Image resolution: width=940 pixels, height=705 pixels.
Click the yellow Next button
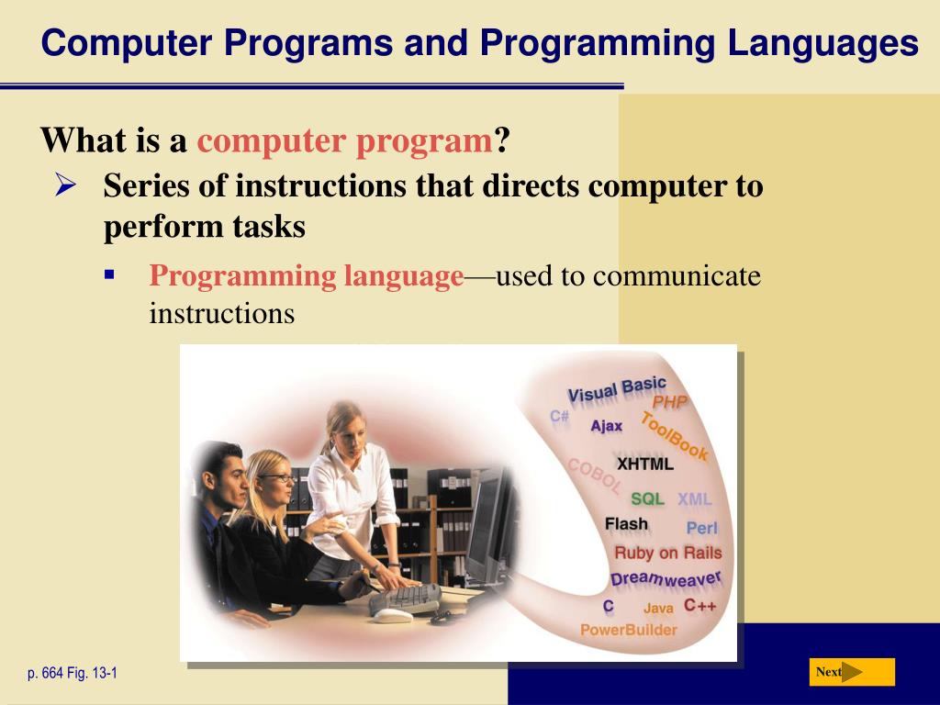tap(852, 672)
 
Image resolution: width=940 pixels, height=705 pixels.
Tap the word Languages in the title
tap(823, 44)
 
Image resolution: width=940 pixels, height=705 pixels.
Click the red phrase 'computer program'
tap(345, 141)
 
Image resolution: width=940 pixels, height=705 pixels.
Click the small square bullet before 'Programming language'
tap(109, 275)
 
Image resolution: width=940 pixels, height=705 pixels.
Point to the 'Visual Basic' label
tap(617, 389)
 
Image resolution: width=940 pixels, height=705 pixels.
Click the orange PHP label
tap(669, 402)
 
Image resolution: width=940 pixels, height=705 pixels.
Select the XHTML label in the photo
tap(645, 464)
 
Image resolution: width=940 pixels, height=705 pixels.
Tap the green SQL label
tap(647, 498)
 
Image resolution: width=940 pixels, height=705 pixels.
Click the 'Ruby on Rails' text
tap(668, 553)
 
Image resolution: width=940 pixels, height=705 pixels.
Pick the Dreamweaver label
tap(666, 579)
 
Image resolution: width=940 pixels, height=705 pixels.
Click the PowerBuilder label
tap(628, 630)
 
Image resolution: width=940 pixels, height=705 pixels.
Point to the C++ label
tap(700, 606)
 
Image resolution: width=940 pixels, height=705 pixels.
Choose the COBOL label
tap(594, 476)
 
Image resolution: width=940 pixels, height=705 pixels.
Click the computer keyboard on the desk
tap(405, 599)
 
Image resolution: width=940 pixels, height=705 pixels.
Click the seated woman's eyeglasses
tap(279, 477)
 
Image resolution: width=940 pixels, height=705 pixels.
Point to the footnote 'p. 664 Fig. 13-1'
tap(73, 673)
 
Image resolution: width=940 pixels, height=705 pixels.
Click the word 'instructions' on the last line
tap(222, 313)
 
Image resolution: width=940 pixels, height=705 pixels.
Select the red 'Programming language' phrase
tap(307, 276)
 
